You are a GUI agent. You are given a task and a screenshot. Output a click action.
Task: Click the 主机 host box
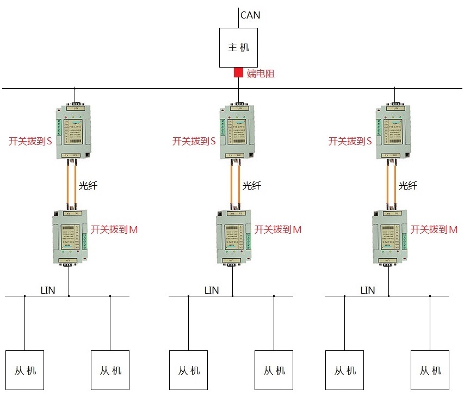coord(238,48)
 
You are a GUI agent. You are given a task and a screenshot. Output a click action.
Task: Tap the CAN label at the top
coord(250,15)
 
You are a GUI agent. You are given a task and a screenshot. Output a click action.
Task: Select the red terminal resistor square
coord(238,72)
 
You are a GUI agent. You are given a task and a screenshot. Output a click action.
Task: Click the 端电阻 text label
coord(261,74)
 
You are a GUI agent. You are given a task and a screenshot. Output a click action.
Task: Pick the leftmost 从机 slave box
coord(24,370)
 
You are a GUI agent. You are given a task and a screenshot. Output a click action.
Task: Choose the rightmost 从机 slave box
coord(430,370)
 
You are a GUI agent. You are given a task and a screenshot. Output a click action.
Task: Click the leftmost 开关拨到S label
coord(30,141)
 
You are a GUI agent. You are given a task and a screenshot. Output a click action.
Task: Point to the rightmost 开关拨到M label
coord(434,229)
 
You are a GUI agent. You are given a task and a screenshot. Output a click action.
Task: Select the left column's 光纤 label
coord(88,186)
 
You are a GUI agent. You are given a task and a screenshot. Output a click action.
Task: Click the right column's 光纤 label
coord(408,186)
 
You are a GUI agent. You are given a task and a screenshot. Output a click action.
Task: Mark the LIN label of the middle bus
coord(211,290)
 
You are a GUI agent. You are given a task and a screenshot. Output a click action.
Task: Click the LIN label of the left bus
coord(48,290)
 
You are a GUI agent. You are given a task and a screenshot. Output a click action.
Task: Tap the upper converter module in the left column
coord(75,131)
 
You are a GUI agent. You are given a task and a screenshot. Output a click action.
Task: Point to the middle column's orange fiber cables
coord(235,184)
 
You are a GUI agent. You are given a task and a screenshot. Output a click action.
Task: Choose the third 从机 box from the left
coord(189,370)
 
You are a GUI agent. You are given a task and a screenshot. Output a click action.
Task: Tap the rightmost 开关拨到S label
coord(350,141)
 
